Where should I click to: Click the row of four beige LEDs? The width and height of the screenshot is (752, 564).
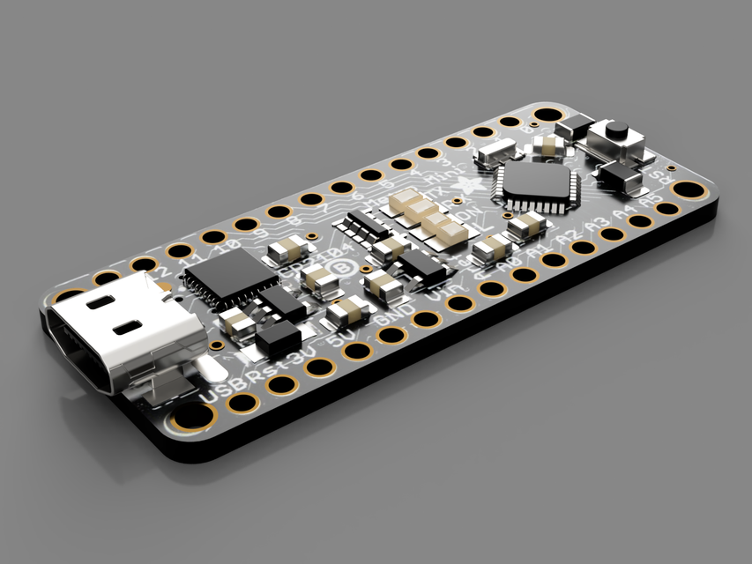point(429,217)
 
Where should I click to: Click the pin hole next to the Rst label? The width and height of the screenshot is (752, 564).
point(281,384)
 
